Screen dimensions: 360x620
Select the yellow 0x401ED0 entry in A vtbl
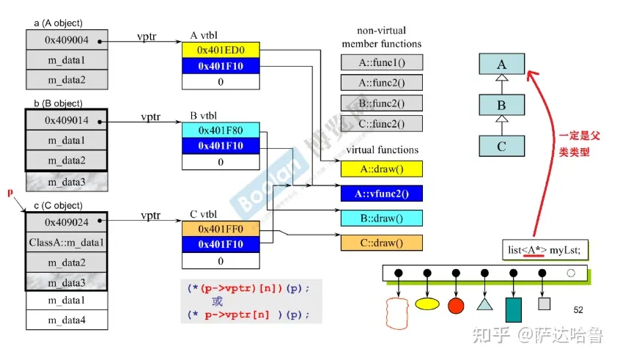point(221,50)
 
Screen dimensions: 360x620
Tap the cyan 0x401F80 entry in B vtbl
point(221,131)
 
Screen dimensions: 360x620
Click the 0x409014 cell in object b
point(66,119)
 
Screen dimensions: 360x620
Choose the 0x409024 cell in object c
point(66,221)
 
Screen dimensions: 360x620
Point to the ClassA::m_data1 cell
point(66,241)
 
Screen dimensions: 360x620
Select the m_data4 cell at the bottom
point(66,320)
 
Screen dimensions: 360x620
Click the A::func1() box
point(381,62)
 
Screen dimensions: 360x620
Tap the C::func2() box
point(381,123)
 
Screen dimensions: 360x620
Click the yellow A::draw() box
point(381,169)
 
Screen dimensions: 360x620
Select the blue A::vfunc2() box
point(381,194)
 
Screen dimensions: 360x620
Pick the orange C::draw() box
point(381,242)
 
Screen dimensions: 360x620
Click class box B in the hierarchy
point(501,105)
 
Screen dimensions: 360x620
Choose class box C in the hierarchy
point(501,145)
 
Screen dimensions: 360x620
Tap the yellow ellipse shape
point(427,303)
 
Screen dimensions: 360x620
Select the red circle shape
point(456,304)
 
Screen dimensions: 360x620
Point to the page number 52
point(577,310)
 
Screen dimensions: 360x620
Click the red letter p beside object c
point(10,192)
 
